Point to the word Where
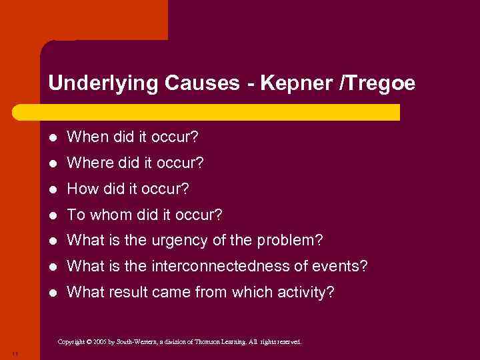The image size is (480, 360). click(x=87, y=163)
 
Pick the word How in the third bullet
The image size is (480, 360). click(x=82, y=189)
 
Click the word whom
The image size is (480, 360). click(x=110, y=215)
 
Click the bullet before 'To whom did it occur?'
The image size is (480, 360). click(x=53, y=215)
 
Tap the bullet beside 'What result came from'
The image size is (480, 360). click(x=53, y=292)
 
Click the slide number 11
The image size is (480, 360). click(x=15, y=353)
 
